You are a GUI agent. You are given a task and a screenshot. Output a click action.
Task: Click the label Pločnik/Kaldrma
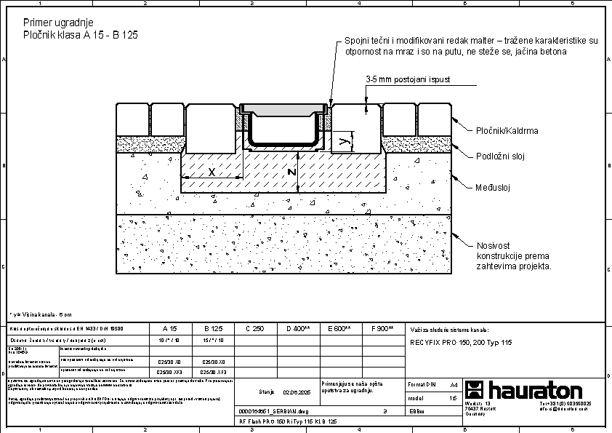coord(507,131)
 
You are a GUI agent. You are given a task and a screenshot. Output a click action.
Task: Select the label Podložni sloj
coord(500,156)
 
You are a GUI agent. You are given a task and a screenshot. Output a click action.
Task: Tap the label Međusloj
coord(494,187)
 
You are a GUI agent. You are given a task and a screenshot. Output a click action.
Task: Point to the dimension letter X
coord(212,172)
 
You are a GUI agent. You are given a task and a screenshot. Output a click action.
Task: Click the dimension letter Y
coord(343,142)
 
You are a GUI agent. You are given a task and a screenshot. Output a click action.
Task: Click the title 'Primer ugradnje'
coord(58,23)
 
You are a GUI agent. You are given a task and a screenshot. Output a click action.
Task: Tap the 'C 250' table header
coord(254,329)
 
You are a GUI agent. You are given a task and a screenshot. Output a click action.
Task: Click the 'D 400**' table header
coord(298,329)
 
